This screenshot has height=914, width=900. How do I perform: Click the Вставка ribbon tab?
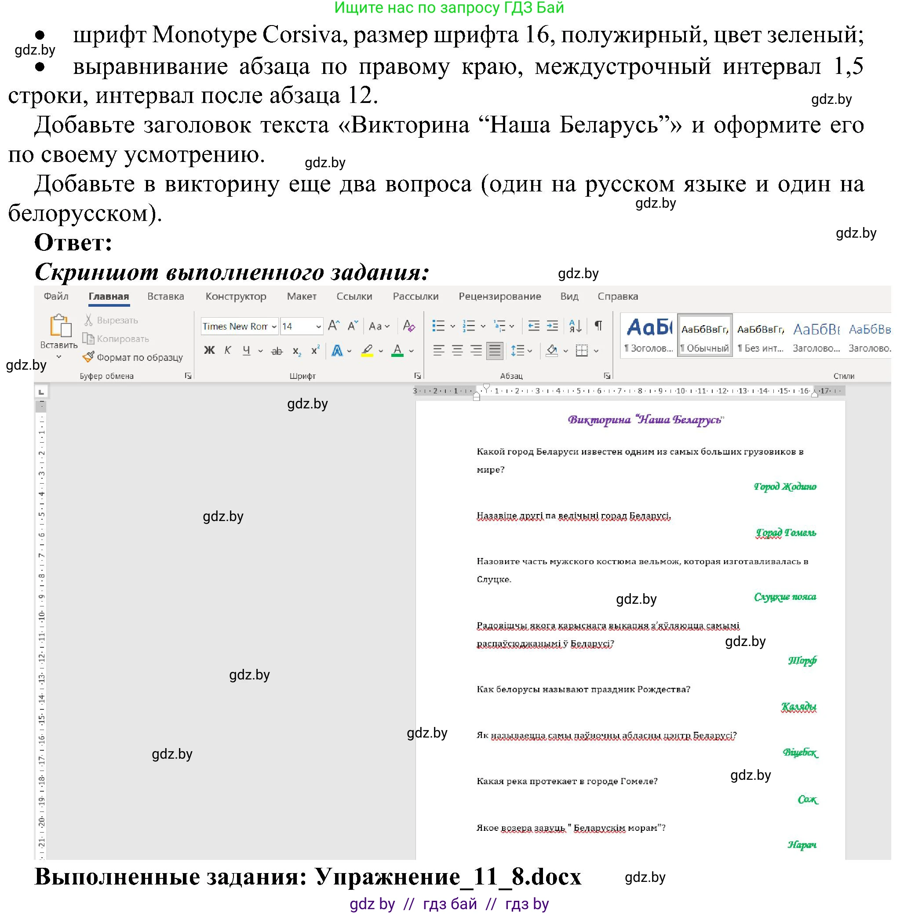(165, 297)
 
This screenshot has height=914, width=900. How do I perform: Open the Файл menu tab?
(56, 297)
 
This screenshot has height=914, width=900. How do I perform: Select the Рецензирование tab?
(499, 297)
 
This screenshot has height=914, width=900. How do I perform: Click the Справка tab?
(617, 297)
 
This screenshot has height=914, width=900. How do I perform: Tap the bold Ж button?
(209, 351)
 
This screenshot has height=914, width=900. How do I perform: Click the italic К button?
(228, 351)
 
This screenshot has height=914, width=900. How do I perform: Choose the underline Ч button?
(246, 351)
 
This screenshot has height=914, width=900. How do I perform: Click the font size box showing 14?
(296, 327)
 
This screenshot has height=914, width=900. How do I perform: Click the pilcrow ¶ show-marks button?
(598, 326)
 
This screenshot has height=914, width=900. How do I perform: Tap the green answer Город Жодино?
(785, 487)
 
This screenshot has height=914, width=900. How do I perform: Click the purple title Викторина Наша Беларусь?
(645, 420)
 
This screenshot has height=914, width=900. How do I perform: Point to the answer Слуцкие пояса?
(785, 597)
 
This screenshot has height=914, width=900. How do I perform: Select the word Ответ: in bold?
(73, 243)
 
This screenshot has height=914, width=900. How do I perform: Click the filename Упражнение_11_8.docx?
(448, 877)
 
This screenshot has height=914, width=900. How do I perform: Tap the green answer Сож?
(807, 800)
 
